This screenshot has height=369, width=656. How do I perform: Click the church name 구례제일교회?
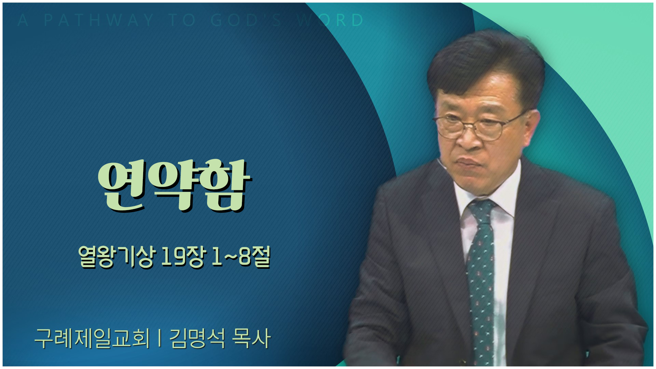92,338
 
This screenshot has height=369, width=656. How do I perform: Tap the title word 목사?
251,338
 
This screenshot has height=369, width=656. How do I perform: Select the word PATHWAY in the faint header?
99,20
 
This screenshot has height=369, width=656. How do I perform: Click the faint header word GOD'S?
246,20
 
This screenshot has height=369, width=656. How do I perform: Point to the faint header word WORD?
330,20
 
